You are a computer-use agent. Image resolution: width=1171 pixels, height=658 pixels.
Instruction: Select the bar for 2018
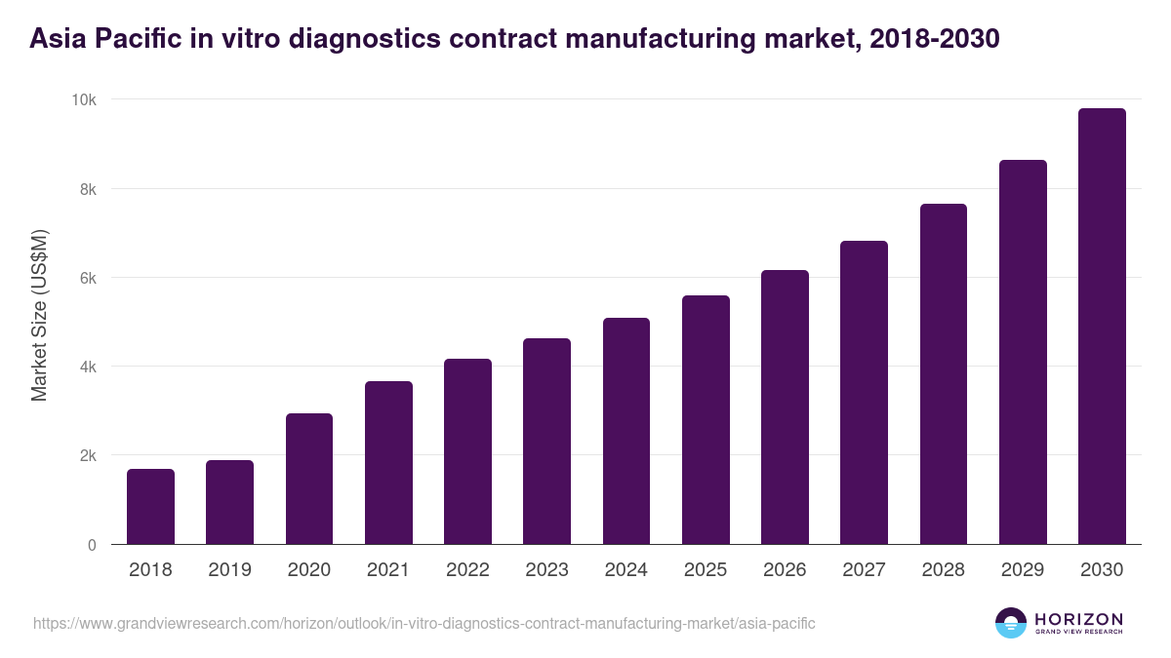point(150,507)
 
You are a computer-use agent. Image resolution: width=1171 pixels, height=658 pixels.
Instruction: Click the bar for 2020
point(309,479)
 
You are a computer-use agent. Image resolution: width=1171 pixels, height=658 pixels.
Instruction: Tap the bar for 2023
point(546,442)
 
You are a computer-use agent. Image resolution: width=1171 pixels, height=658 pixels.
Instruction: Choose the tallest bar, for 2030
point(1102,327)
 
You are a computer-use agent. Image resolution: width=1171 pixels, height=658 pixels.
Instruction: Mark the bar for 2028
point(943,374)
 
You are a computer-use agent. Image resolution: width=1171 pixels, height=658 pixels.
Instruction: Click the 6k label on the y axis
point(88,278)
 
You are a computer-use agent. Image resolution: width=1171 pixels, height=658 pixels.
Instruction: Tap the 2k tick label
point(88,456)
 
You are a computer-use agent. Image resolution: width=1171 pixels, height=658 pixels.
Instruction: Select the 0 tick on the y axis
point(92,545)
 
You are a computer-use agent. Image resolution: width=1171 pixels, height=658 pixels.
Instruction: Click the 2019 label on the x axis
point(230,570)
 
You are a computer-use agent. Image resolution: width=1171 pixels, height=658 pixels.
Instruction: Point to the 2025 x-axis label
point(706,570)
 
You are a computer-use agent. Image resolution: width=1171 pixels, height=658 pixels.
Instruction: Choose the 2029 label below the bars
point(1023,570)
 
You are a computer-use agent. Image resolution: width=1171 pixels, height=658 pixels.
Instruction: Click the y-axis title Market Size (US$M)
point(40,316)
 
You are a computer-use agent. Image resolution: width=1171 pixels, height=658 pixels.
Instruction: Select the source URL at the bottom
point(424,623)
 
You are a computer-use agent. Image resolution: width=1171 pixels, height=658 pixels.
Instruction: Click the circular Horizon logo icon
point(1011,623)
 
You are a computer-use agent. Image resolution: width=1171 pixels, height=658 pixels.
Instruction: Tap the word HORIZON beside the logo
point(1078,618)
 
